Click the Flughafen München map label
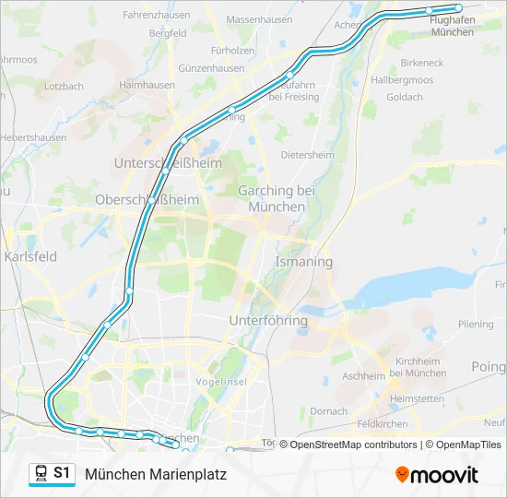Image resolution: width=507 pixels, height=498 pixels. click(x=452, y=26)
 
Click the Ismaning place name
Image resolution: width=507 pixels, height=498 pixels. click(x=303, y=262)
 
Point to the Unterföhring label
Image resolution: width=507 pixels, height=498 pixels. click(x=267, y=321)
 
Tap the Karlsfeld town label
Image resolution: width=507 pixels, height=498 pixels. click(x=30, y=256)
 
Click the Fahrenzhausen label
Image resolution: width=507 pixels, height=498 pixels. click(x=155, y=16)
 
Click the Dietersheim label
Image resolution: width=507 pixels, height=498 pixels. click(x=307, y=155)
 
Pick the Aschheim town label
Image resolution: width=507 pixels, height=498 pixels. click(x=363, y=376)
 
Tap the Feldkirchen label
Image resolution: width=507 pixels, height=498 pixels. click(x=383, y=424)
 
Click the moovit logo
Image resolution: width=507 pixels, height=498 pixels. click(x=437, y=475)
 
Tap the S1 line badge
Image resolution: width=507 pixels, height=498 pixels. click(x=62, y=473)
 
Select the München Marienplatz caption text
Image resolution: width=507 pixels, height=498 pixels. click(x=155, y=474)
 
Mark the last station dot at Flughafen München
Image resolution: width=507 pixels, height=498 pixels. click(x=458, y=8)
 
